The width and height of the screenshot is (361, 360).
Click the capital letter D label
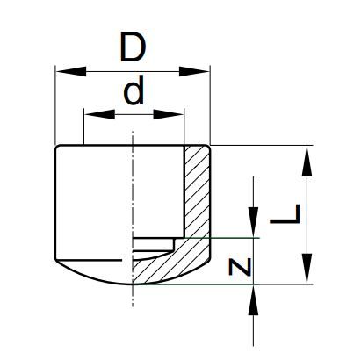[x=133, y=48]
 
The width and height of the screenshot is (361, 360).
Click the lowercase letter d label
[x=134, y=90]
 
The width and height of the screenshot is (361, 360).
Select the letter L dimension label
[x=285, y=214]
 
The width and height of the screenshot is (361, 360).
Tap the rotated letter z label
[x=240, y=267]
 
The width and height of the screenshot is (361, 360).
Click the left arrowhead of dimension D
[x=71, y=71]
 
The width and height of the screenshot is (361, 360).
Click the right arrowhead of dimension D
[x=194, y=71]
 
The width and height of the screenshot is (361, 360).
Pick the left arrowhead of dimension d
[x=99, y=114]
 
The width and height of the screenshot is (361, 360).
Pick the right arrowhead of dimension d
[x=169, y=114]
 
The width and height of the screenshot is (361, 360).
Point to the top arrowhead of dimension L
[x=307, y=161]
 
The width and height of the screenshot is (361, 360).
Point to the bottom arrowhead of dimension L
[x=307, y=269]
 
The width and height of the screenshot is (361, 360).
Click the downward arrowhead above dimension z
[x=253, y=222]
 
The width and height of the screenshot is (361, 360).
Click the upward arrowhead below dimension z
[x=253, y=299]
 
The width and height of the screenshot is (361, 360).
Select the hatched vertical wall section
[x=197, y=191]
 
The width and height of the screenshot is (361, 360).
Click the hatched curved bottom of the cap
[x=171, y=262]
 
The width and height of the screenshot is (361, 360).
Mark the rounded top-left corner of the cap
[x=57, y=147]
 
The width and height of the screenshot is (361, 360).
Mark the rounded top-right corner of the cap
[x=207, y=147]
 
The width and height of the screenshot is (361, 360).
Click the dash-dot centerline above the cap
[x=133, y=138]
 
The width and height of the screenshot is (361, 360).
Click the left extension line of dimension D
[x=55, y=104]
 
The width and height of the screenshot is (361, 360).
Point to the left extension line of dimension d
[x=84, y=126]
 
